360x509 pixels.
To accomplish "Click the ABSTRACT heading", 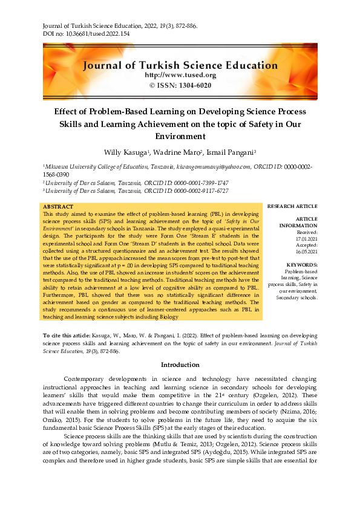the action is click(59, 207).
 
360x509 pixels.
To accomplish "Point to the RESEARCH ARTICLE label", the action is click(292, 206).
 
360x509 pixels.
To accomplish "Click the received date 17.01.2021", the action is click(305, 238).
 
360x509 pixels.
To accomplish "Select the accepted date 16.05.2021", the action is click(305, 251).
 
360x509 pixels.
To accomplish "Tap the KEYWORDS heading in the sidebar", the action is click(301, 265).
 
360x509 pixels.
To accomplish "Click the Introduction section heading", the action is click(180, 365).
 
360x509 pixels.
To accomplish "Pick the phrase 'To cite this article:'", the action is click(67, 335).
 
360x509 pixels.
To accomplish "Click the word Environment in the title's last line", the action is click(180, 137).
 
